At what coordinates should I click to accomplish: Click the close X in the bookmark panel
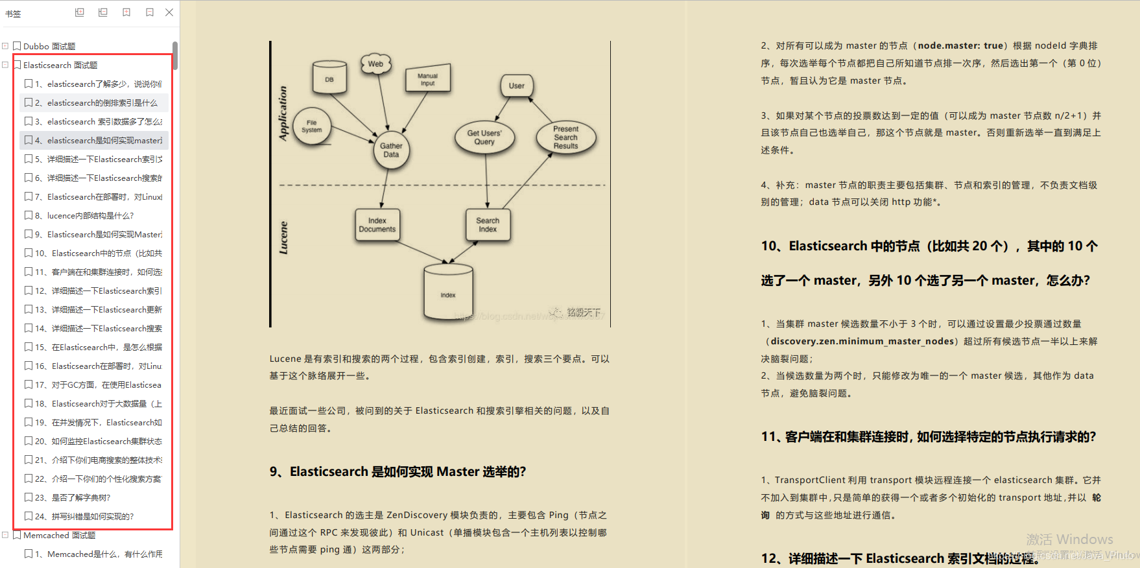coord(169,12)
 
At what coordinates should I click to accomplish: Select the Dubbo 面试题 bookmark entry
coord(49,47)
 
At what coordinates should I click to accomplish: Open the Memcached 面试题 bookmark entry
coord(59,536)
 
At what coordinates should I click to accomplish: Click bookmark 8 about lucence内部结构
coord(90,216)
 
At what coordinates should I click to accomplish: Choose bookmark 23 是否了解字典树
coord(81,498)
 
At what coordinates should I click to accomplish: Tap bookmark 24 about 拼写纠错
coord(93,517)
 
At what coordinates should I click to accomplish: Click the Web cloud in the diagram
coord(375,64)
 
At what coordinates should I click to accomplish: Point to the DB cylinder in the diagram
coord(329,78)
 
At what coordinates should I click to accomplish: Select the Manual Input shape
coord(427,79)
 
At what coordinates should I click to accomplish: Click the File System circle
coord(312,126)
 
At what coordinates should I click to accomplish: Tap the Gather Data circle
coord(391,150)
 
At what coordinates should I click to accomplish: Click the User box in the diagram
coord(517,86)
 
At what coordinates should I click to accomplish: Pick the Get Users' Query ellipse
coord(484,137)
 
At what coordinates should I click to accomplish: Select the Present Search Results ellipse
coord(565,137)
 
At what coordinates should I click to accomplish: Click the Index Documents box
coord(377,225)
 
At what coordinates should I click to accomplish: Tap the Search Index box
coord(488,225)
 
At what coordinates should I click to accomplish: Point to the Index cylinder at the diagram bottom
coord(448,293)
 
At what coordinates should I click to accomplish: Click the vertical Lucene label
coord(283,237)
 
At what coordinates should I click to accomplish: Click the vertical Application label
coord(283,113)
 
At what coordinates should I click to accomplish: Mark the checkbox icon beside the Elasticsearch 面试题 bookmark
coord(18,65)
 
